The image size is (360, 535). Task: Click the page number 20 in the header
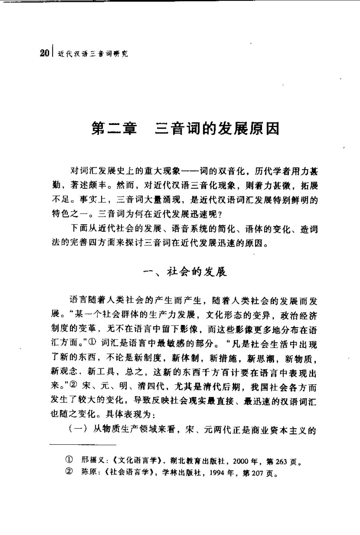[x=44, y=54]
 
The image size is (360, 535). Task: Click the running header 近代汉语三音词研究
[x=93, y=54]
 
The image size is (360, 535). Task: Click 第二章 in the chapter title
[x=114, y=129]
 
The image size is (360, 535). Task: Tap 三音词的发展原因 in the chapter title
[x=217, y=129]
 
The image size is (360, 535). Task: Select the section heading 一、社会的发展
[x=185, y=272]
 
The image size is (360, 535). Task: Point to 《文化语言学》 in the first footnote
[x=139, y=462]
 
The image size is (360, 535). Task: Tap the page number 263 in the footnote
[x=281, y=462]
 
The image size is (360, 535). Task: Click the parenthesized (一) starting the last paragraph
[x=77, y=430]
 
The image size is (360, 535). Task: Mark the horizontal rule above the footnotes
[x=83, y=445]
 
